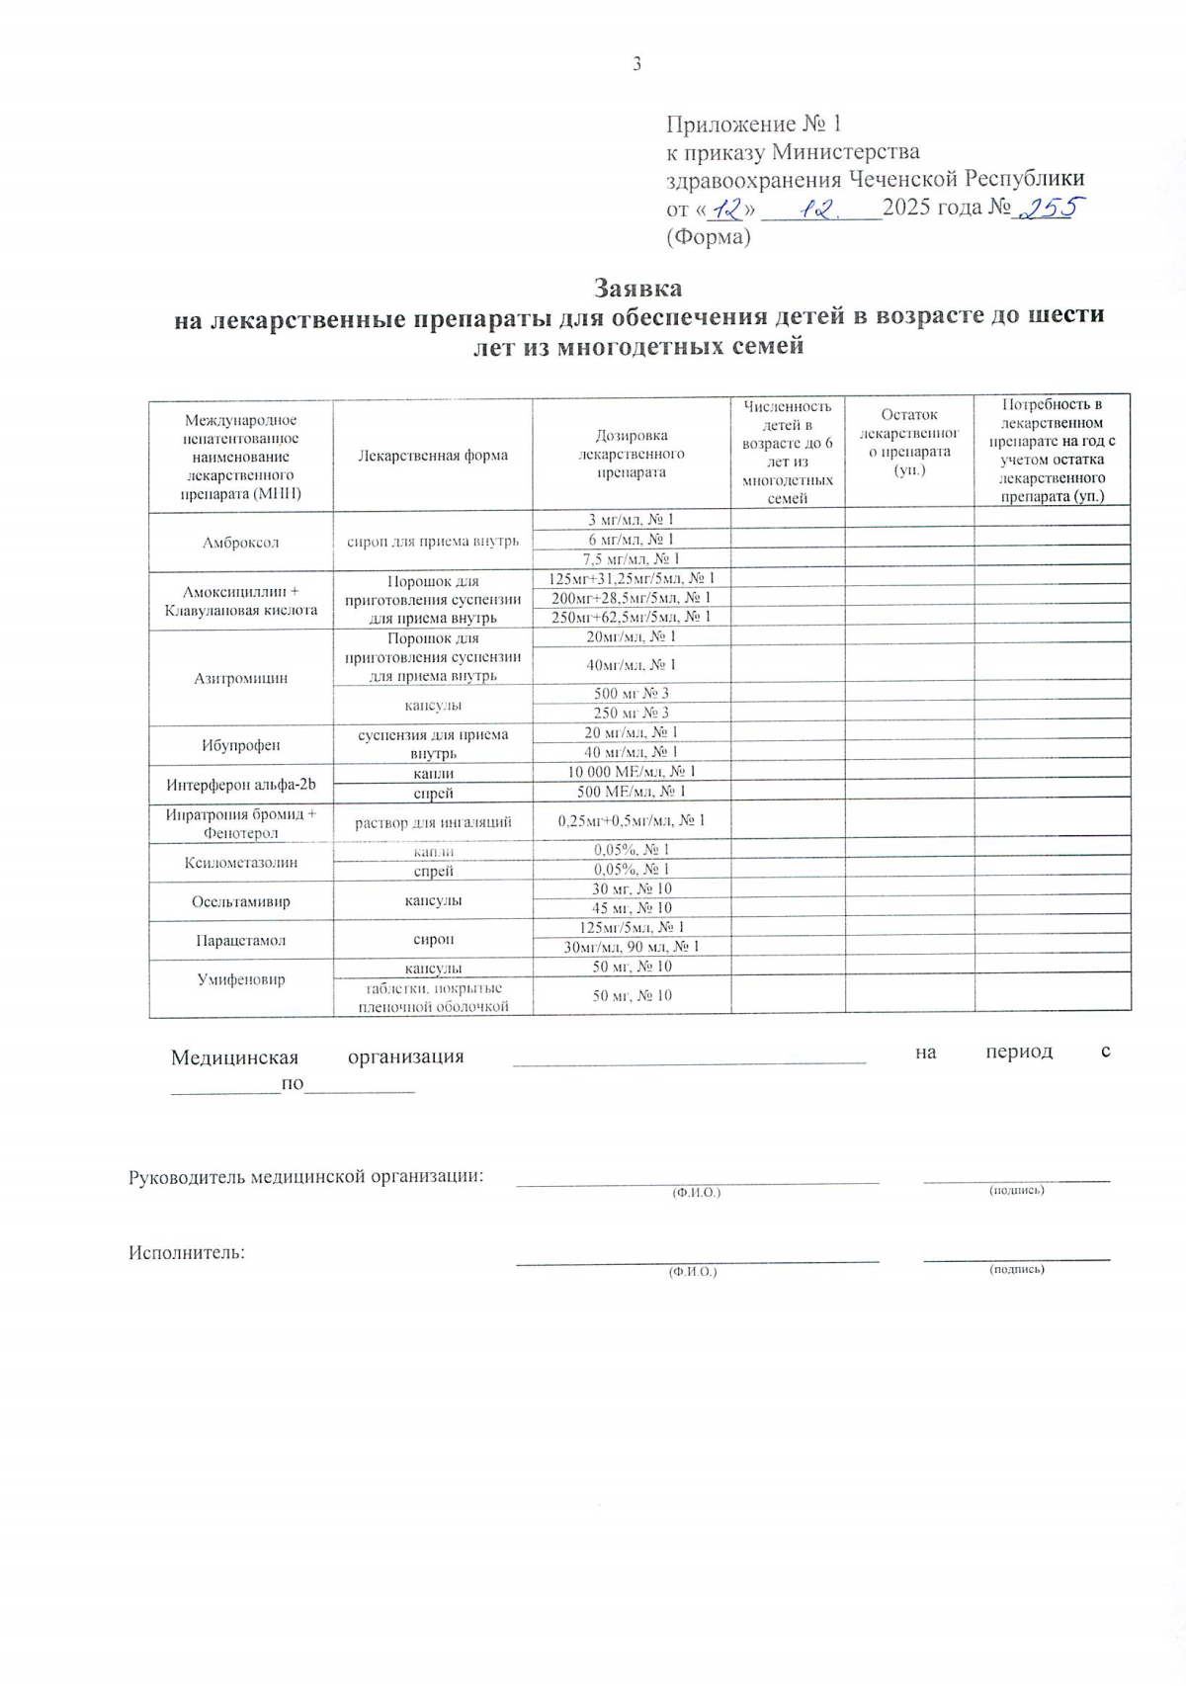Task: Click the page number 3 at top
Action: click(636, 64)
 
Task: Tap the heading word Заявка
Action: click(637, 288)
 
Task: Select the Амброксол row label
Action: click(240, 543)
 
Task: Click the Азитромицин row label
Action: click(240, 678)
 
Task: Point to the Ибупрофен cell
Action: click(240, 745)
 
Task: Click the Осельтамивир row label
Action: click(240, 901)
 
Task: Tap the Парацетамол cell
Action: click(240, 940)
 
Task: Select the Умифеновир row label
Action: click(240, 979)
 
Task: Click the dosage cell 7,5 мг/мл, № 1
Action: click(631, 558)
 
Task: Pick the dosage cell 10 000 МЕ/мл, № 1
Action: click(631, 772)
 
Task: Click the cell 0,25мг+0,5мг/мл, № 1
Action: click(631, 820)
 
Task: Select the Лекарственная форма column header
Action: click(433, 456)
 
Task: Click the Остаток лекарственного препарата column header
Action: click(909, 442)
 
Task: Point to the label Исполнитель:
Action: click(187, 1253)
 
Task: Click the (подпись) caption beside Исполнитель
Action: click(1016, 1269)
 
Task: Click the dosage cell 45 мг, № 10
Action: click(631, 907)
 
